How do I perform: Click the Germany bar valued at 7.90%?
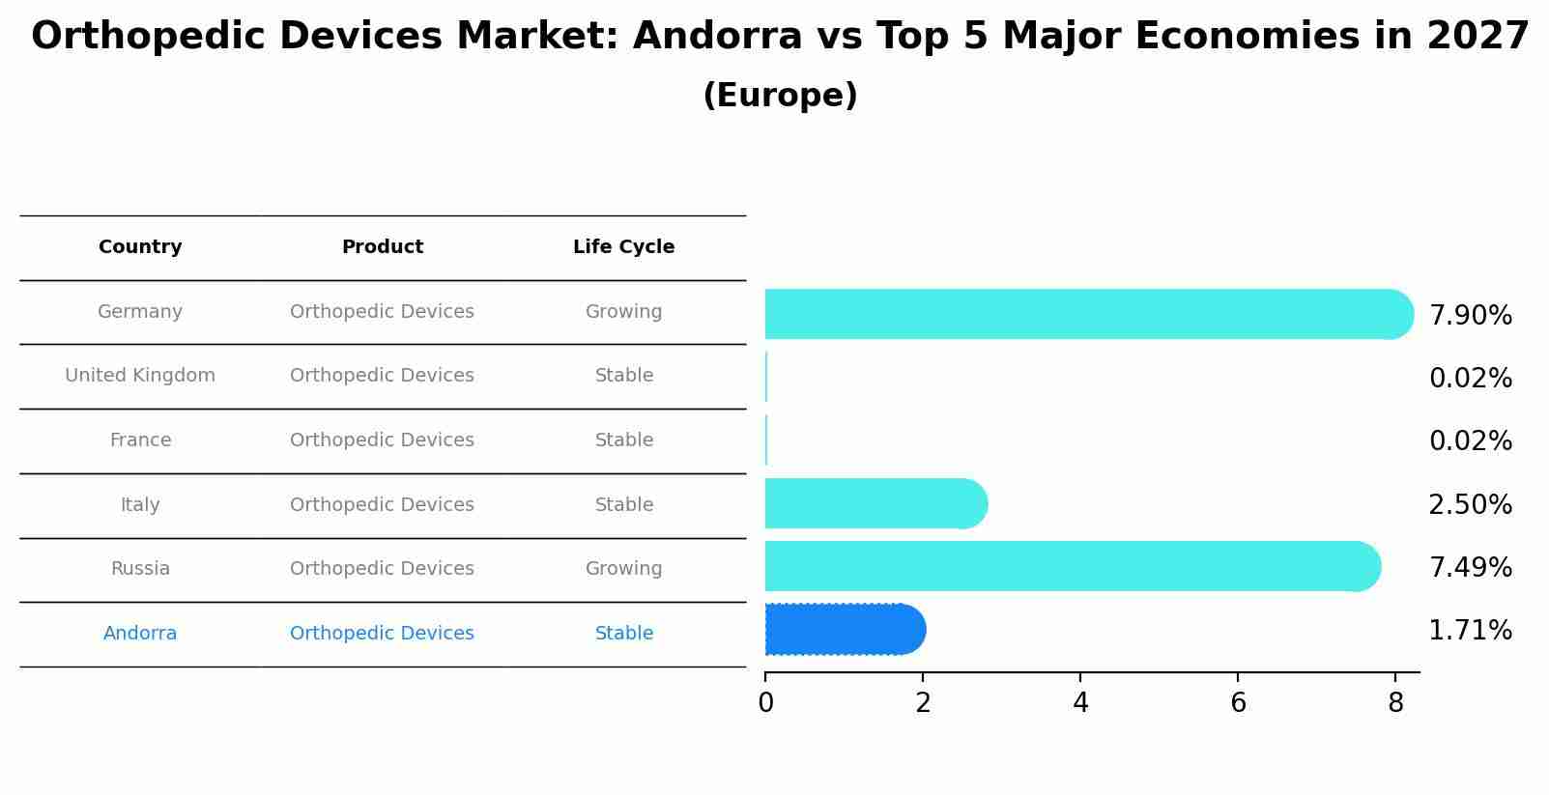[x=1082, y=314]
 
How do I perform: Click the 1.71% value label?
[x=1470, y=631]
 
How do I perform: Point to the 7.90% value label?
[x=1470, y=316]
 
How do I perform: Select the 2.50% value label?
[x=1470, y=505]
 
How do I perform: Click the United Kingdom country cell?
[x=140, y=376]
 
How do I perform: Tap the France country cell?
[x=140, y=440]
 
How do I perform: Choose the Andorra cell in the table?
[x=140, y=634]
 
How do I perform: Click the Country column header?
[x=140, y=247]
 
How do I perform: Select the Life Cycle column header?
[x=623, y=247]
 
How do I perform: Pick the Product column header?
[x=383, y=247]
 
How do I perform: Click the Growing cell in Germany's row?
[x=623, y=312]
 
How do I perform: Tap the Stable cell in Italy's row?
[x=623, y=505]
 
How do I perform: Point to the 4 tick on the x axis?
[x=1080, y=703]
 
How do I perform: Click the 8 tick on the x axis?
[x=1395, y=703]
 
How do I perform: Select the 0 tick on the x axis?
[x=765, y=703]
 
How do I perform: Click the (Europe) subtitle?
[x=780, y=96]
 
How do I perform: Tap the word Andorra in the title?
[x=717, y=37]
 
